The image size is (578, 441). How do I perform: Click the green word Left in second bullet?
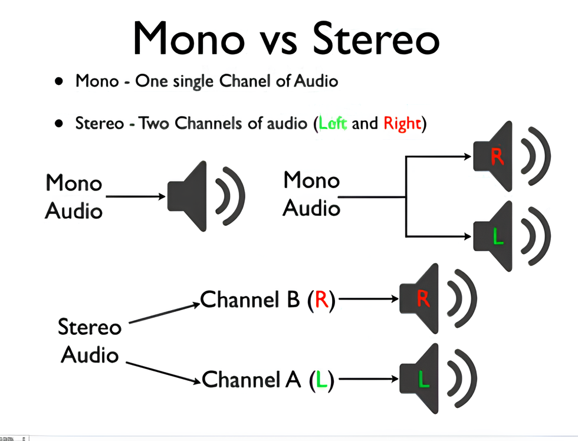click(333, 124)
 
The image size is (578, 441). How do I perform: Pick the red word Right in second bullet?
click(402, 124)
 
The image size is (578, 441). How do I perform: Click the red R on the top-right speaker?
click(497, 157)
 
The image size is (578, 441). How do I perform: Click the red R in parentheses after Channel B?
click(321, 300)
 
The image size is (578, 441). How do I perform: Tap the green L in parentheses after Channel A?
click(321, 380)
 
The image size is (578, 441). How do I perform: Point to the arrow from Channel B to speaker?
click(369, 299)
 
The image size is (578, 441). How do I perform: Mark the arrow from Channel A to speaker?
click(368, 380)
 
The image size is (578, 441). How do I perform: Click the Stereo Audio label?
click(90, 341)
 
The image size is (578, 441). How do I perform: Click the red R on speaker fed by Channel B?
click(423, 300)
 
